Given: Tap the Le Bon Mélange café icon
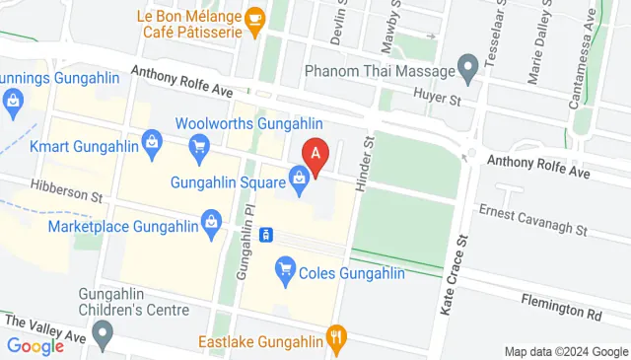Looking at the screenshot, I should click(254, 19).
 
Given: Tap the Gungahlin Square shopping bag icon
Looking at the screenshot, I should click(298, 179).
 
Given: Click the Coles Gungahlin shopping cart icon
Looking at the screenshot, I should click(286, 266).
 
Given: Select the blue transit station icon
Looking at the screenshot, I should click(265, 236).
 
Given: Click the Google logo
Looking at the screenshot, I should click(35, 345).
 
